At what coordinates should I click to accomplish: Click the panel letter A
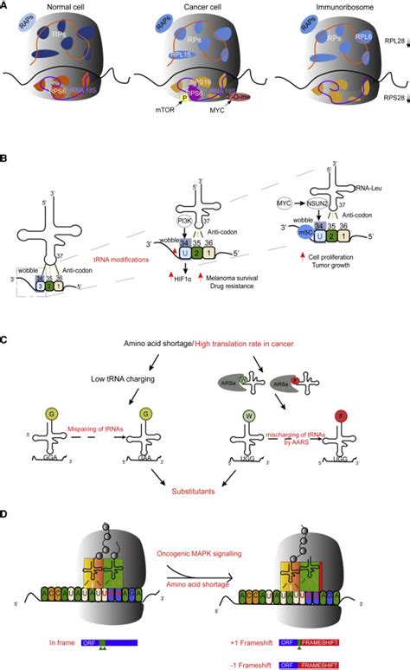[6, 6]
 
